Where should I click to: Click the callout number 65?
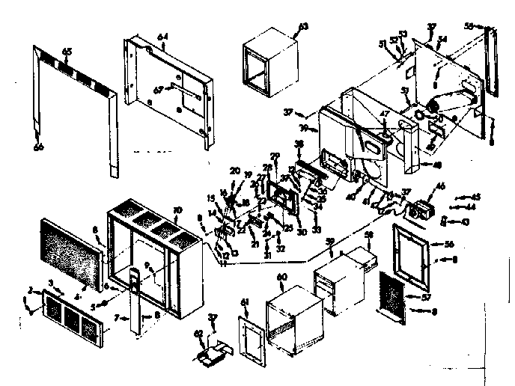click(67, 51)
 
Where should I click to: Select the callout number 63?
click(302, 28)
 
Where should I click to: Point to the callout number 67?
click(158, 91)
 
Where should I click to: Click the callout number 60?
click(282, 277)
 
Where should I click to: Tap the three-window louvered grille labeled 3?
click(73, 316)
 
